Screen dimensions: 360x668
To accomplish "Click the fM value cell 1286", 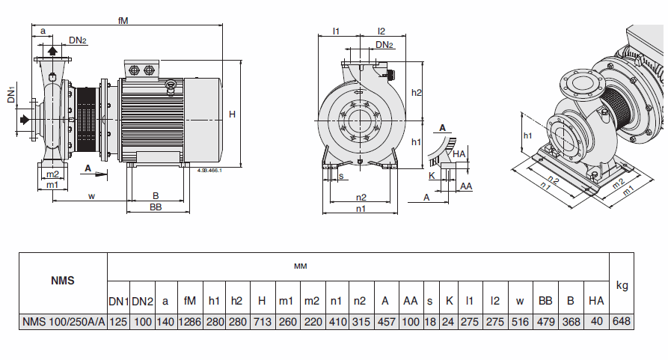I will tap(190, 322).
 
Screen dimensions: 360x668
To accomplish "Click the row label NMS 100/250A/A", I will tap(63, 322).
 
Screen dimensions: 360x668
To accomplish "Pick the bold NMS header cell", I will tap(63, 281).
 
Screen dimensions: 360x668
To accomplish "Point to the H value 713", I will tap(262, 322).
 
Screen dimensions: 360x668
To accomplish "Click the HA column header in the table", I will tap(596, 301).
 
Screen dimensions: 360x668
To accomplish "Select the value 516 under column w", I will tap(520, 322).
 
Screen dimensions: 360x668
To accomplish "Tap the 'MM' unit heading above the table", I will tap(300, 266).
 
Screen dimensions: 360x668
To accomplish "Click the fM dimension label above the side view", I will tap(123, 21).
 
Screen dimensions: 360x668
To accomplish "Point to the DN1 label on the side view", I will tap(11, 95).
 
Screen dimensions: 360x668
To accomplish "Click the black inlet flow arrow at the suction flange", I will tap(25, 119).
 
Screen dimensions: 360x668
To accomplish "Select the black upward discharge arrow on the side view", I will tap(53, 50).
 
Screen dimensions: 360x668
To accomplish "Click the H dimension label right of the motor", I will tap(233, 115).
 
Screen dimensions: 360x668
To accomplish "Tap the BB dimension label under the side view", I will tap(156, 207).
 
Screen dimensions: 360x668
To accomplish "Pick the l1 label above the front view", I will tap(337, 31).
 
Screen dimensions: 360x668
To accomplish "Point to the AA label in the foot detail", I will tap(465, 186).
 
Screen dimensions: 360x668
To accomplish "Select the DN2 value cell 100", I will tap(143, 322).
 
